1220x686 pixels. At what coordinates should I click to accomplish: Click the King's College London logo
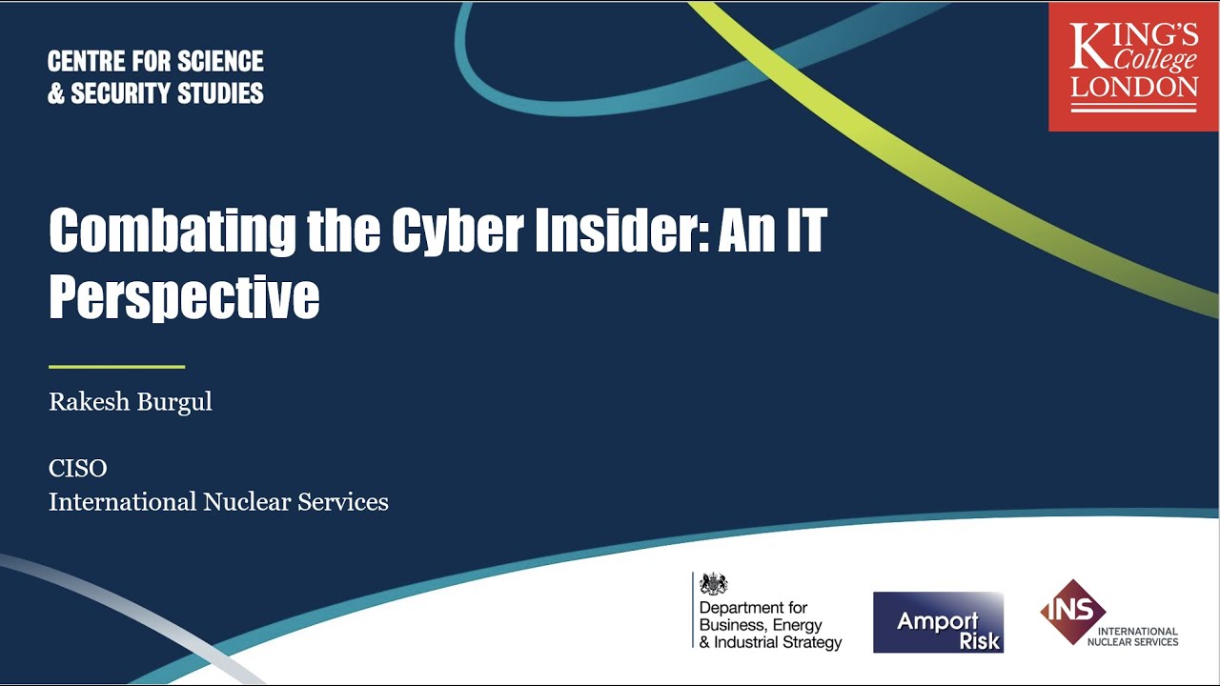pos(1133,67)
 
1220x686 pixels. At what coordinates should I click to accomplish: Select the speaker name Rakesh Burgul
pos(131,402)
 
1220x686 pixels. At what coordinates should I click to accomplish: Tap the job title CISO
pos(78,469)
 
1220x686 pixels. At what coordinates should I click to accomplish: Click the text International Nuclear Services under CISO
pos(218,502)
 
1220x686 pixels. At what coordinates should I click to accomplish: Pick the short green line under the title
pos(116,366)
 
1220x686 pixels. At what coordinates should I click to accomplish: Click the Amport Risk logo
pos(938,622)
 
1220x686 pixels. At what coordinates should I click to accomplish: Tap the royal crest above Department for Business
pos(713,584)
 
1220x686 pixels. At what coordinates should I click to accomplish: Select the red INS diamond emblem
pos(1072,611)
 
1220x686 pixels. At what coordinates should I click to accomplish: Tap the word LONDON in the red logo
pos(1134,88)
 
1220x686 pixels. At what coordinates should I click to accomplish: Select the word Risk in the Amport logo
pos(980,640)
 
